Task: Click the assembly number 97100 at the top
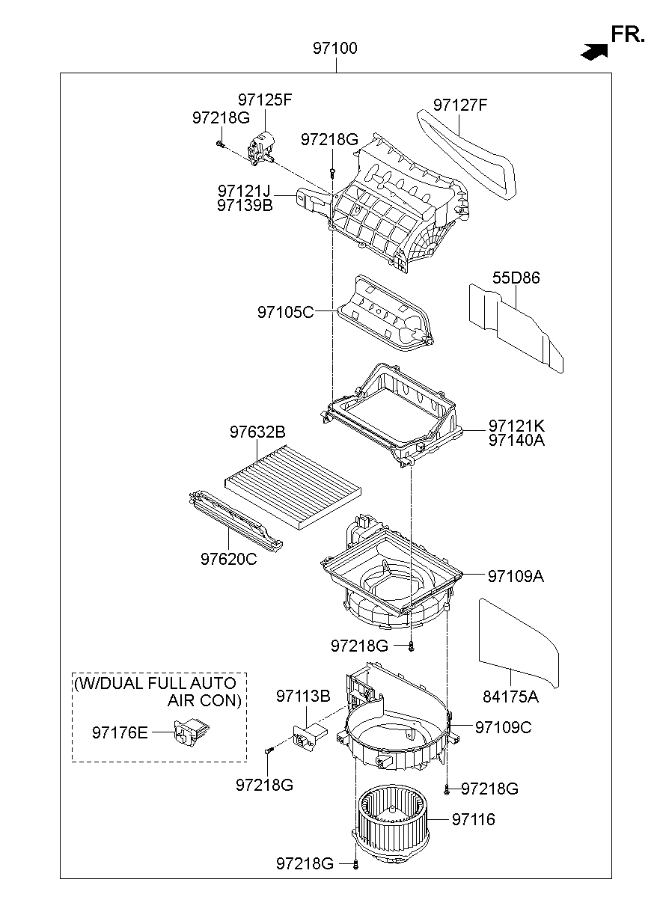tap(334, 49)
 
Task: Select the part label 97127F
tap(459, 105)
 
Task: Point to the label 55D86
tap(516, 278)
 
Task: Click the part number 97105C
tap(285, 312)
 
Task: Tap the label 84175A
tap(510, 697)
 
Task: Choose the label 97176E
tap(120, 732)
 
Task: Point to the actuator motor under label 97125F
tap(263, 146)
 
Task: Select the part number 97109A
tap(516, 576)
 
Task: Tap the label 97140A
tap(516, 441)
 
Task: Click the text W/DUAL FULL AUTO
tap(156, 683)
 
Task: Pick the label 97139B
tap(245, 206)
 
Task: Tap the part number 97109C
tap(504, 727)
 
